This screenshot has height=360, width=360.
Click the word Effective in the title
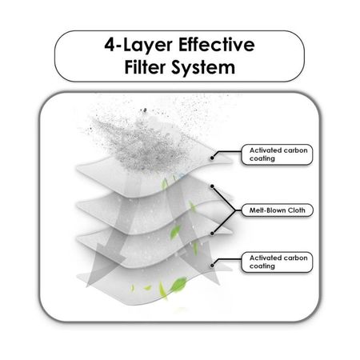[x=217, y=45]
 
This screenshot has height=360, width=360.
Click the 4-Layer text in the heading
[x=138, y=46]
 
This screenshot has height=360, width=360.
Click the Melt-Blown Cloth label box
[x=278, y=210]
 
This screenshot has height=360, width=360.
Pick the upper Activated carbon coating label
[x=277, y=154]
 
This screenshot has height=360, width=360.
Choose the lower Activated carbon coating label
[x=277, y=262]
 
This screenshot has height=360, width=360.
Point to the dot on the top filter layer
[x=212, y=158]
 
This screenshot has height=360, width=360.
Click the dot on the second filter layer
[x=212, y=186]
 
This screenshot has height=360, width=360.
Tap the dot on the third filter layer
[x=212, y=234]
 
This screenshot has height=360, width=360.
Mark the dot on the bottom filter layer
[x=212, y=266]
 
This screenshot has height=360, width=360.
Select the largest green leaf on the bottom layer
[x=178, y=285]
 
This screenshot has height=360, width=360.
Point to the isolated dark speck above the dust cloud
[x=145, y=110]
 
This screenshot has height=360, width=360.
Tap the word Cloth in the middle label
[x=297, y=210]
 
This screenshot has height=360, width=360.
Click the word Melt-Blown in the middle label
[x=267, y=210]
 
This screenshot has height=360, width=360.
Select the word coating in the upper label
[x=262, y=158]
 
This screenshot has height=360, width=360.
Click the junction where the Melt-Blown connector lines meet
[x=235, y=210]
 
